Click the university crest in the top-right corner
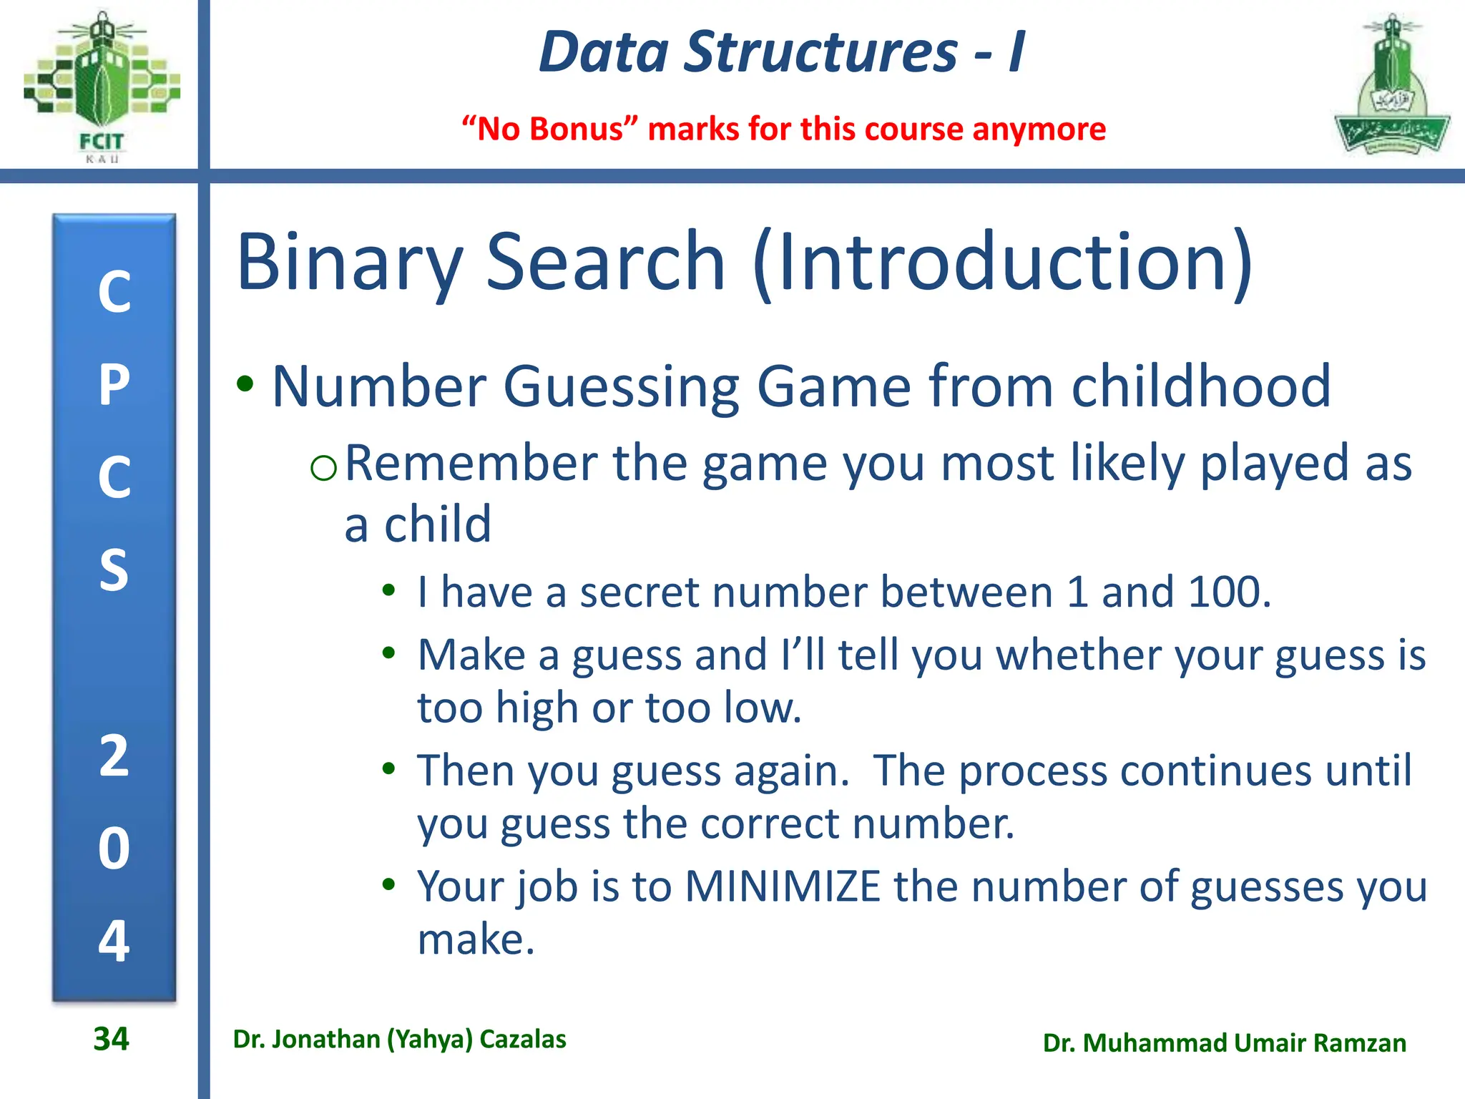[x=1391, y=86]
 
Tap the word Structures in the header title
[x=820, y=52]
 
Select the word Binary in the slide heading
[x=350, y=263]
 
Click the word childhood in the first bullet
[x=1201, y=386]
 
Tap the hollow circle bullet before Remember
[x=323, y=468]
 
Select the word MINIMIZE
[x=783, y=886]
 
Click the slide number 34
[x=111, y=1039]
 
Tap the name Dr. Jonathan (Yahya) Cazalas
[x=399, y=1039]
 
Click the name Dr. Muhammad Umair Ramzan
[x=1224, y=1042]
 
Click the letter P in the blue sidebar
[x=114, y=385]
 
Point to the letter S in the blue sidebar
[x=114, y=570]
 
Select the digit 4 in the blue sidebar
[x=114, y=940]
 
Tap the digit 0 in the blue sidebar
[x=114, y=849]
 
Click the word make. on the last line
[x=476, y=939]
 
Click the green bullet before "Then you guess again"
[x=388, y=769]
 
